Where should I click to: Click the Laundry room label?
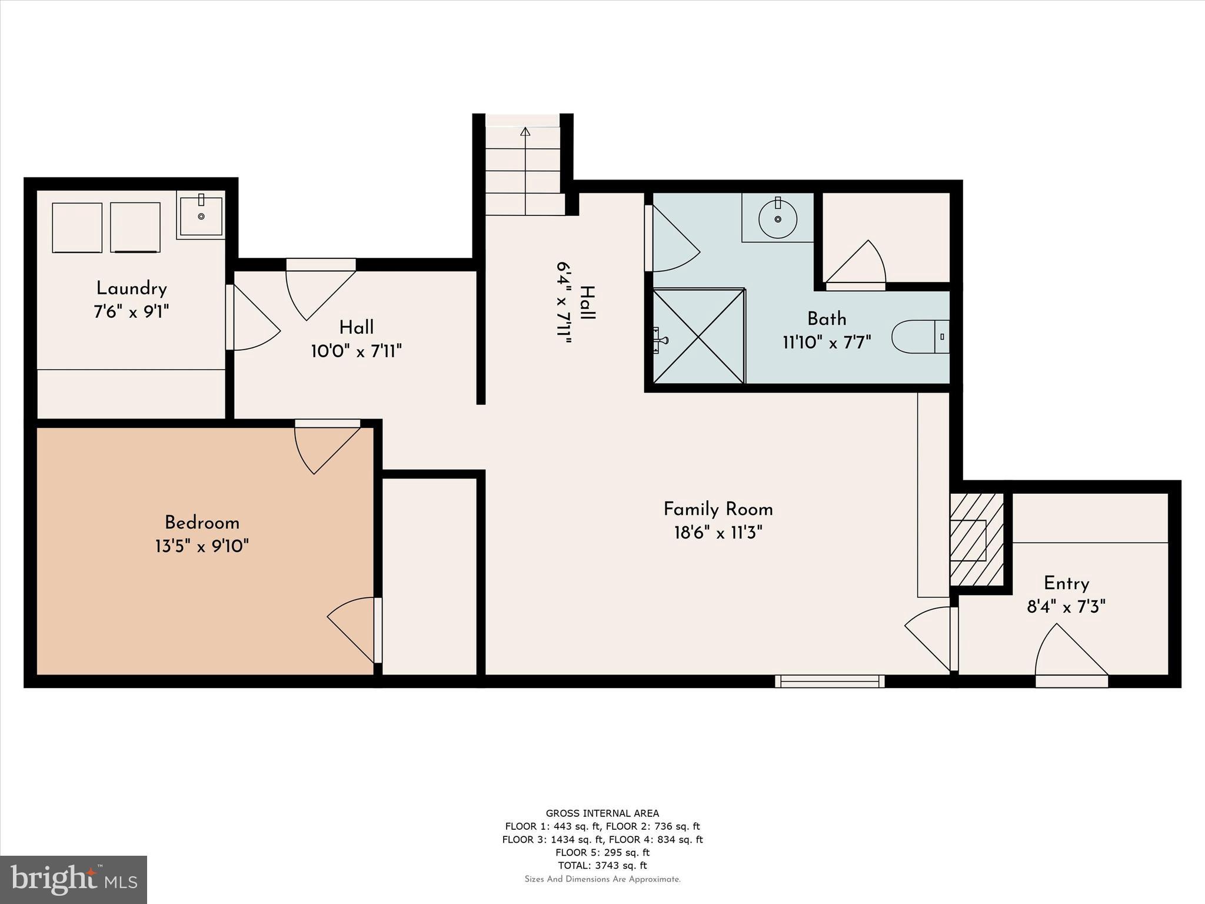[x=131, y=288]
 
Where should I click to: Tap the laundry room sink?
[x=201, y=216]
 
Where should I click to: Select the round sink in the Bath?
[x=777, y=219]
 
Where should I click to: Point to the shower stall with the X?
[x=698, y=336]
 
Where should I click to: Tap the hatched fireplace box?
[x=976, y=540]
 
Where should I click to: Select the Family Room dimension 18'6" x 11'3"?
[x=718, y=533]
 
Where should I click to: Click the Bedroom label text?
[x=202, y=523]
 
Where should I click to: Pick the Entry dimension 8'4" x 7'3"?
[x=1066, y=607]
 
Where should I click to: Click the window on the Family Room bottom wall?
[x=830, y=681]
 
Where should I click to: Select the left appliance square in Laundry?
[x=77, y=228]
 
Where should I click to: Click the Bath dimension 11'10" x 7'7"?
[x=827, y=343]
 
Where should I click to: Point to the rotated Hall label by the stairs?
[x=587, y=303]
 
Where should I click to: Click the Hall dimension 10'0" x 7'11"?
[x=356, y=352]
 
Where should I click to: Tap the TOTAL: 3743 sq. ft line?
[x=602, y=865]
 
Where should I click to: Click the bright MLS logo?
[x=73, y=879]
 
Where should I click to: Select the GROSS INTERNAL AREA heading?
[x=602, y=813]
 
